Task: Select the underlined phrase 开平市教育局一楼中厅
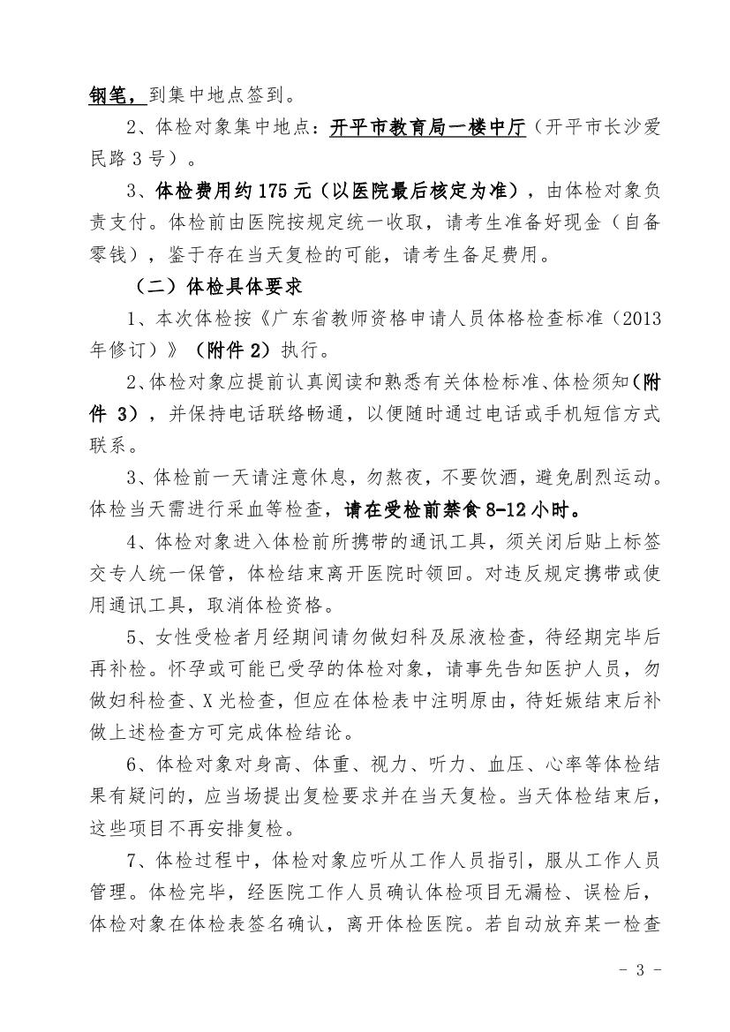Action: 428,129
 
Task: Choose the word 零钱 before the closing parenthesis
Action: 109,256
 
